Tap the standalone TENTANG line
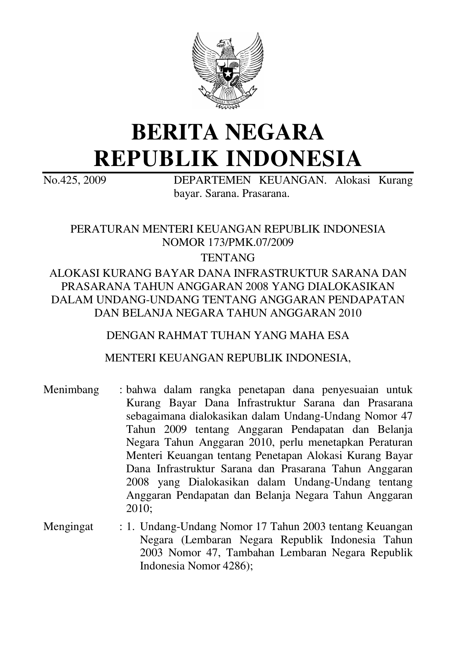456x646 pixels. [228, 257]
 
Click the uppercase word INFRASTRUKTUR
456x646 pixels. [272, 273]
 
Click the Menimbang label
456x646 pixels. [71, 390]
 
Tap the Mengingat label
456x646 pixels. [68, 527]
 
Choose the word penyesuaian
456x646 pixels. [349, 390]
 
